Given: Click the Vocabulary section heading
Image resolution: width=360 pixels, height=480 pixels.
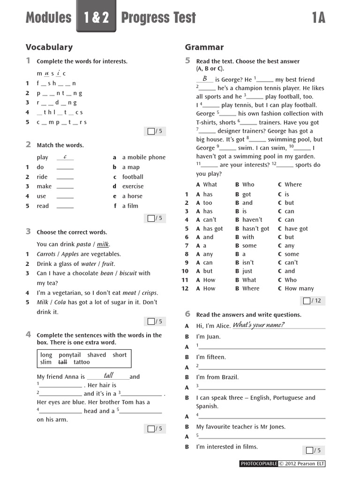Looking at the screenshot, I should pos(49,47).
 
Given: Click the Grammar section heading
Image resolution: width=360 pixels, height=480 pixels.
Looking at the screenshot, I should pos(204,47).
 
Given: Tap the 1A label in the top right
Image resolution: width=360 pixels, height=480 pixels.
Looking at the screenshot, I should pos(319,18).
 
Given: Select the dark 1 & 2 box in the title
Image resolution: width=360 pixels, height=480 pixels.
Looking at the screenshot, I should pos(96,18).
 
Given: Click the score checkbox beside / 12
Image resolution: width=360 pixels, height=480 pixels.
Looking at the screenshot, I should pos(307,301).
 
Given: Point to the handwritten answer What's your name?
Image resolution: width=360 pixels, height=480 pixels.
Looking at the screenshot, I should pos(258,325).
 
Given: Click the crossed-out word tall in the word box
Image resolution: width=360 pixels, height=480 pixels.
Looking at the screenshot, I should pos(62,362).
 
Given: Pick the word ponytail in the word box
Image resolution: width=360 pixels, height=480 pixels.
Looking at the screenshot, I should pos(70,355).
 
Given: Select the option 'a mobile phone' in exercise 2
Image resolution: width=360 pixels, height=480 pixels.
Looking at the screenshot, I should pos(143,157).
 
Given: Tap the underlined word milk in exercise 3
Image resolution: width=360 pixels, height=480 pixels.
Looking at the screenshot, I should pos(103,244).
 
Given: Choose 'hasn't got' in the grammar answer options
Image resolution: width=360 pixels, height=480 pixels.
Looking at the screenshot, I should pos(255,229).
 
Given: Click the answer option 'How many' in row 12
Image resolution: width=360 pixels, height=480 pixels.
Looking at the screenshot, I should pos(299,289).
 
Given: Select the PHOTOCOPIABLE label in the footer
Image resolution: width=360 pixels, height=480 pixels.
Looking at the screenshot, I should pos(259,464).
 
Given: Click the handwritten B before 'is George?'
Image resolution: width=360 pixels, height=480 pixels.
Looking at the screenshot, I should pos(205,79).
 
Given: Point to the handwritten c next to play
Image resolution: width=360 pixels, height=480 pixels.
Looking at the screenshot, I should pos(65,157).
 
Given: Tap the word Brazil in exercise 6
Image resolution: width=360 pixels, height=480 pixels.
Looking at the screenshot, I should pos(229,377).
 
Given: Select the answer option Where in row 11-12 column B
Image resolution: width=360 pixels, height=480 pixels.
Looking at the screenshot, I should pos(250,289).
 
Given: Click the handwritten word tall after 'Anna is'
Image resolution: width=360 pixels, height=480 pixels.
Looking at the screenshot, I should pos(108,375).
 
